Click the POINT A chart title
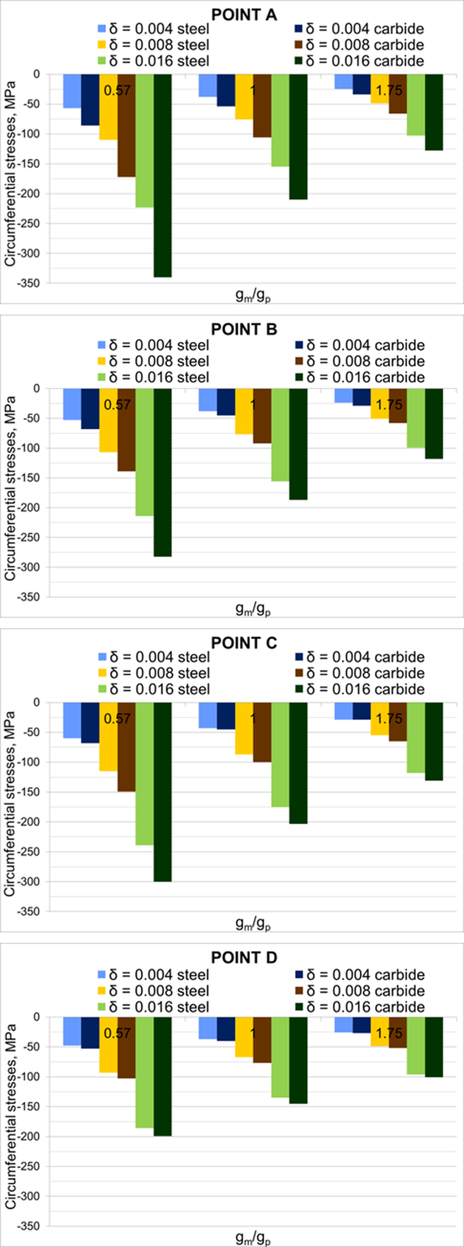(244, 15)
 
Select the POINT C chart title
(244, 643)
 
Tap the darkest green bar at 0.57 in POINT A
(163, 175)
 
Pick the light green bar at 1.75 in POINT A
(416, 105)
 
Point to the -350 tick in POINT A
(33, 283)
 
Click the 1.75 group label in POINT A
(389, 91)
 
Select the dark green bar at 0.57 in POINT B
(163, 472)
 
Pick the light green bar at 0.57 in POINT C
(144, 774)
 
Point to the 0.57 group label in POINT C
(117, 718)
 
